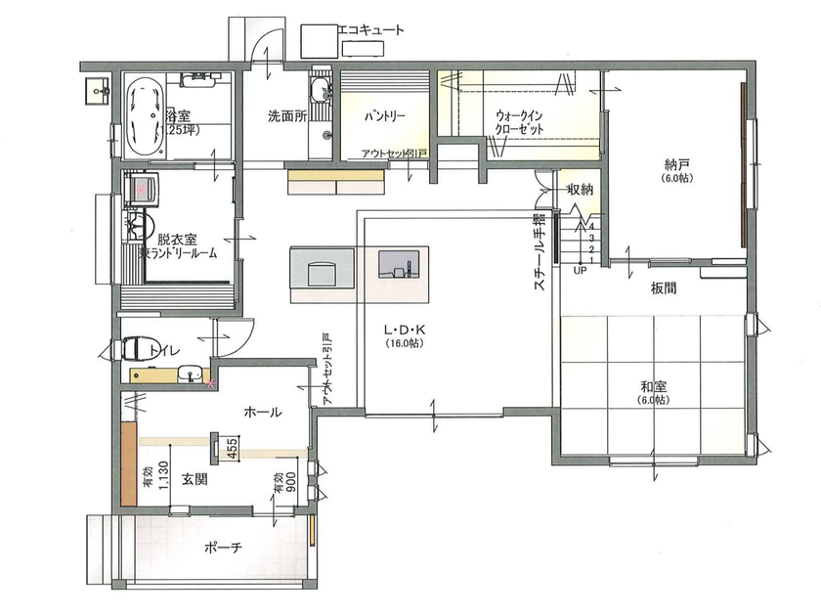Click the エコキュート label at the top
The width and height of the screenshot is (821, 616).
coord(369,30)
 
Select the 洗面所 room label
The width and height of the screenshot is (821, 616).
coord(287,115)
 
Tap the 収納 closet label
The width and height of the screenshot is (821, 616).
coord(580,190)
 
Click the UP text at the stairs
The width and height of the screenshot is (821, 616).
coord(580,269)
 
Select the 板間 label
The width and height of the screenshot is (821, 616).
coord(663,290)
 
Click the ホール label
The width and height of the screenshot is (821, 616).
coord(263,413)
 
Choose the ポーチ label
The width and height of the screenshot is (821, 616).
coord(224,548)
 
